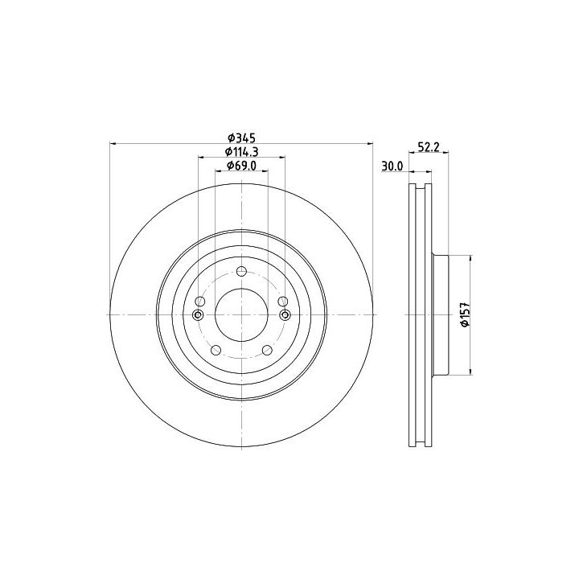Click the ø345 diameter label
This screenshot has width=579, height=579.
tap(241, 138)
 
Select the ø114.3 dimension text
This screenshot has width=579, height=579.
tap(241, 151)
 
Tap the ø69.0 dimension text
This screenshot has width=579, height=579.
tap(241, 166)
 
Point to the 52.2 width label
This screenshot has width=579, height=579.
tap(429, 147)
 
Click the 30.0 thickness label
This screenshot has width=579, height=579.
tap(392, 166)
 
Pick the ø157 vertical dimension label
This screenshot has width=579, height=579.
tap(464, 314)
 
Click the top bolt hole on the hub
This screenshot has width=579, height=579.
tap(241, 272)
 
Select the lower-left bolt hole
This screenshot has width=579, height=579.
tap(216, 350)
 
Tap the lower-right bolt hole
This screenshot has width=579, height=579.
tap(267, 350)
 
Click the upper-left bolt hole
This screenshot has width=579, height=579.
tap(199, 302)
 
